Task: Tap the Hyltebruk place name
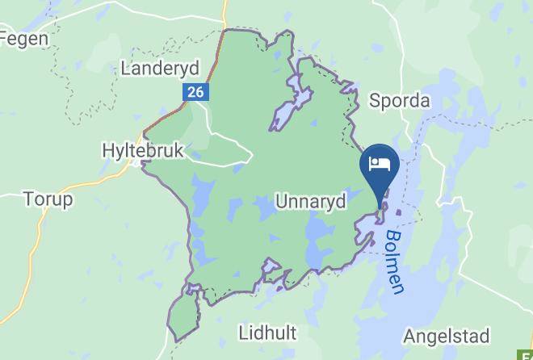[x=144, y=150]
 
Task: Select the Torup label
[x=48, y=199]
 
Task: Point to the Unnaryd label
[x=311, y=200]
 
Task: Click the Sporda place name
[x=400, y=101]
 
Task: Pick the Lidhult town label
[x=268, y=332]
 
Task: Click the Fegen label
[x=24, y=38]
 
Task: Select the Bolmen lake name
[x=395, y=262]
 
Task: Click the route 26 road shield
[x=195, y=92]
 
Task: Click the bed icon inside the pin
[x=380, y=164]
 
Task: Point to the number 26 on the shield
[x=195, y=92]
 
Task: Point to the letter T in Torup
[x=29, y=199]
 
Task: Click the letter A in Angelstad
[x=410, y=335]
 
